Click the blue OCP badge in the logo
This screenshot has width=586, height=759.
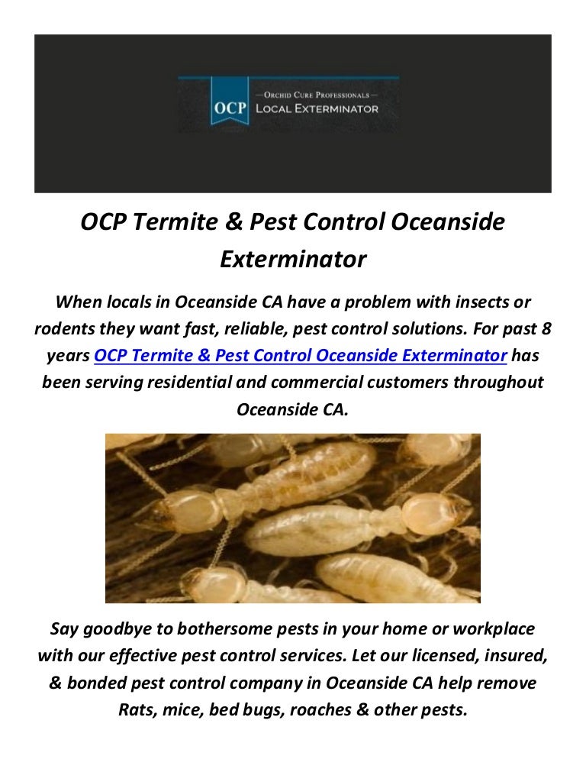230,108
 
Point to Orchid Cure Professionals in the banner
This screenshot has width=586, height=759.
317,94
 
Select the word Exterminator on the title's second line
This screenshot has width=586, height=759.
293,260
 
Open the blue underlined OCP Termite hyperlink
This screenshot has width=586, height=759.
301,356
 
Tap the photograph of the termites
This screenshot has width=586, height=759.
293,518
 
